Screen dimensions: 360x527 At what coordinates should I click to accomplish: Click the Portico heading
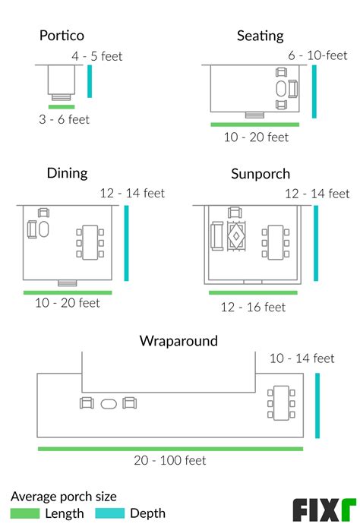pyautogui.click(x=62, y=35)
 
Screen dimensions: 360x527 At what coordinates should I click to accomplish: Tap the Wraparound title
pyautogui.click(x=178, y=341)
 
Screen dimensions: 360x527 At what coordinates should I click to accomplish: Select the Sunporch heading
pyautogui.click(x=261, y=174)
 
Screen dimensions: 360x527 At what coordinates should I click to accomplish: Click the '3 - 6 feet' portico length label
pyautogui.click(x=65, y=119)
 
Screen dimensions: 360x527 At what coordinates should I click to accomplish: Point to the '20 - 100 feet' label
pyautogui.click(x=170, y=460)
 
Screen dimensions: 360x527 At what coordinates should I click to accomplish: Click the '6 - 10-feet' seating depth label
pyautogui.click(x=317, y=55)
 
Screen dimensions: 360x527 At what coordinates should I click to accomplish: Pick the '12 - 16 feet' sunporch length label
pyautogui.click(x=253, y=307)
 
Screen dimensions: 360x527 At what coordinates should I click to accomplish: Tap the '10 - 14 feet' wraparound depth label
pyautogui.click(x=302, y=358)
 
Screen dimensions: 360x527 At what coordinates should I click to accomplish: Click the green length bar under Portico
pyautogui.click(x=62, y=107)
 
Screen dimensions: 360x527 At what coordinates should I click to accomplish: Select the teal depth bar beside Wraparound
pyautogui.click(x=317, y=406)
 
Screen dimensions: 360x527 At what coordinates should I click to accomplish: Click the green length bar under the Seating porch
pyautogui.click(x=254, y=125)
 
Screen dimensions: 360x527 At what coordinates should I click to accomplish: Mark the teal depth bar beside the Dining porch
pyautogui.click(x=126, y=243)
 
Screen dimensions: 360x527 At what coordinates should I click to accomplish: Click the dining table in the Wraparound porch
pyautogui.click(x=281, y=403)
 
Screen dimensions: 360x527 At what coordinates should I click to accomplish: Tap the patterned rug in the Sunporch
pyautogui.click(x=236, y=236)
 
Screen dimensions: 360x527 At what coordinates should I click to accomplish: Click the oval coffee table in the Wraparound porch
pyautogui.click(x=109, y=404)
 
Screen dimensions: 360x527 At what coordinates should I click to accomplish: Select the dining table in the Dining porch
pyautogui.click(x=90, y=242)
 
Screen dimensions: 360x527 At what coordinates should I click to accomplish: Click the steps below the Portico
pyautogui.click(x=62, y=97)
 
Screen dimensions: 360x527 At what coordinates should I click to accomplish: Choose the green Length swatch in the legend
pyautogui.click(x=25, y=513)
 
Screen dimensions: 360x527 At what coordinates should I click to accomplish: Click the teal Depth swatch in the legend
pyautogui.click(x=110, y=513)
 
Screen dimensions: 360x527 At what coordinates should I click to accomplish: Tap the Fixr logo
pyautogui.click(x=324, y=510)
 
